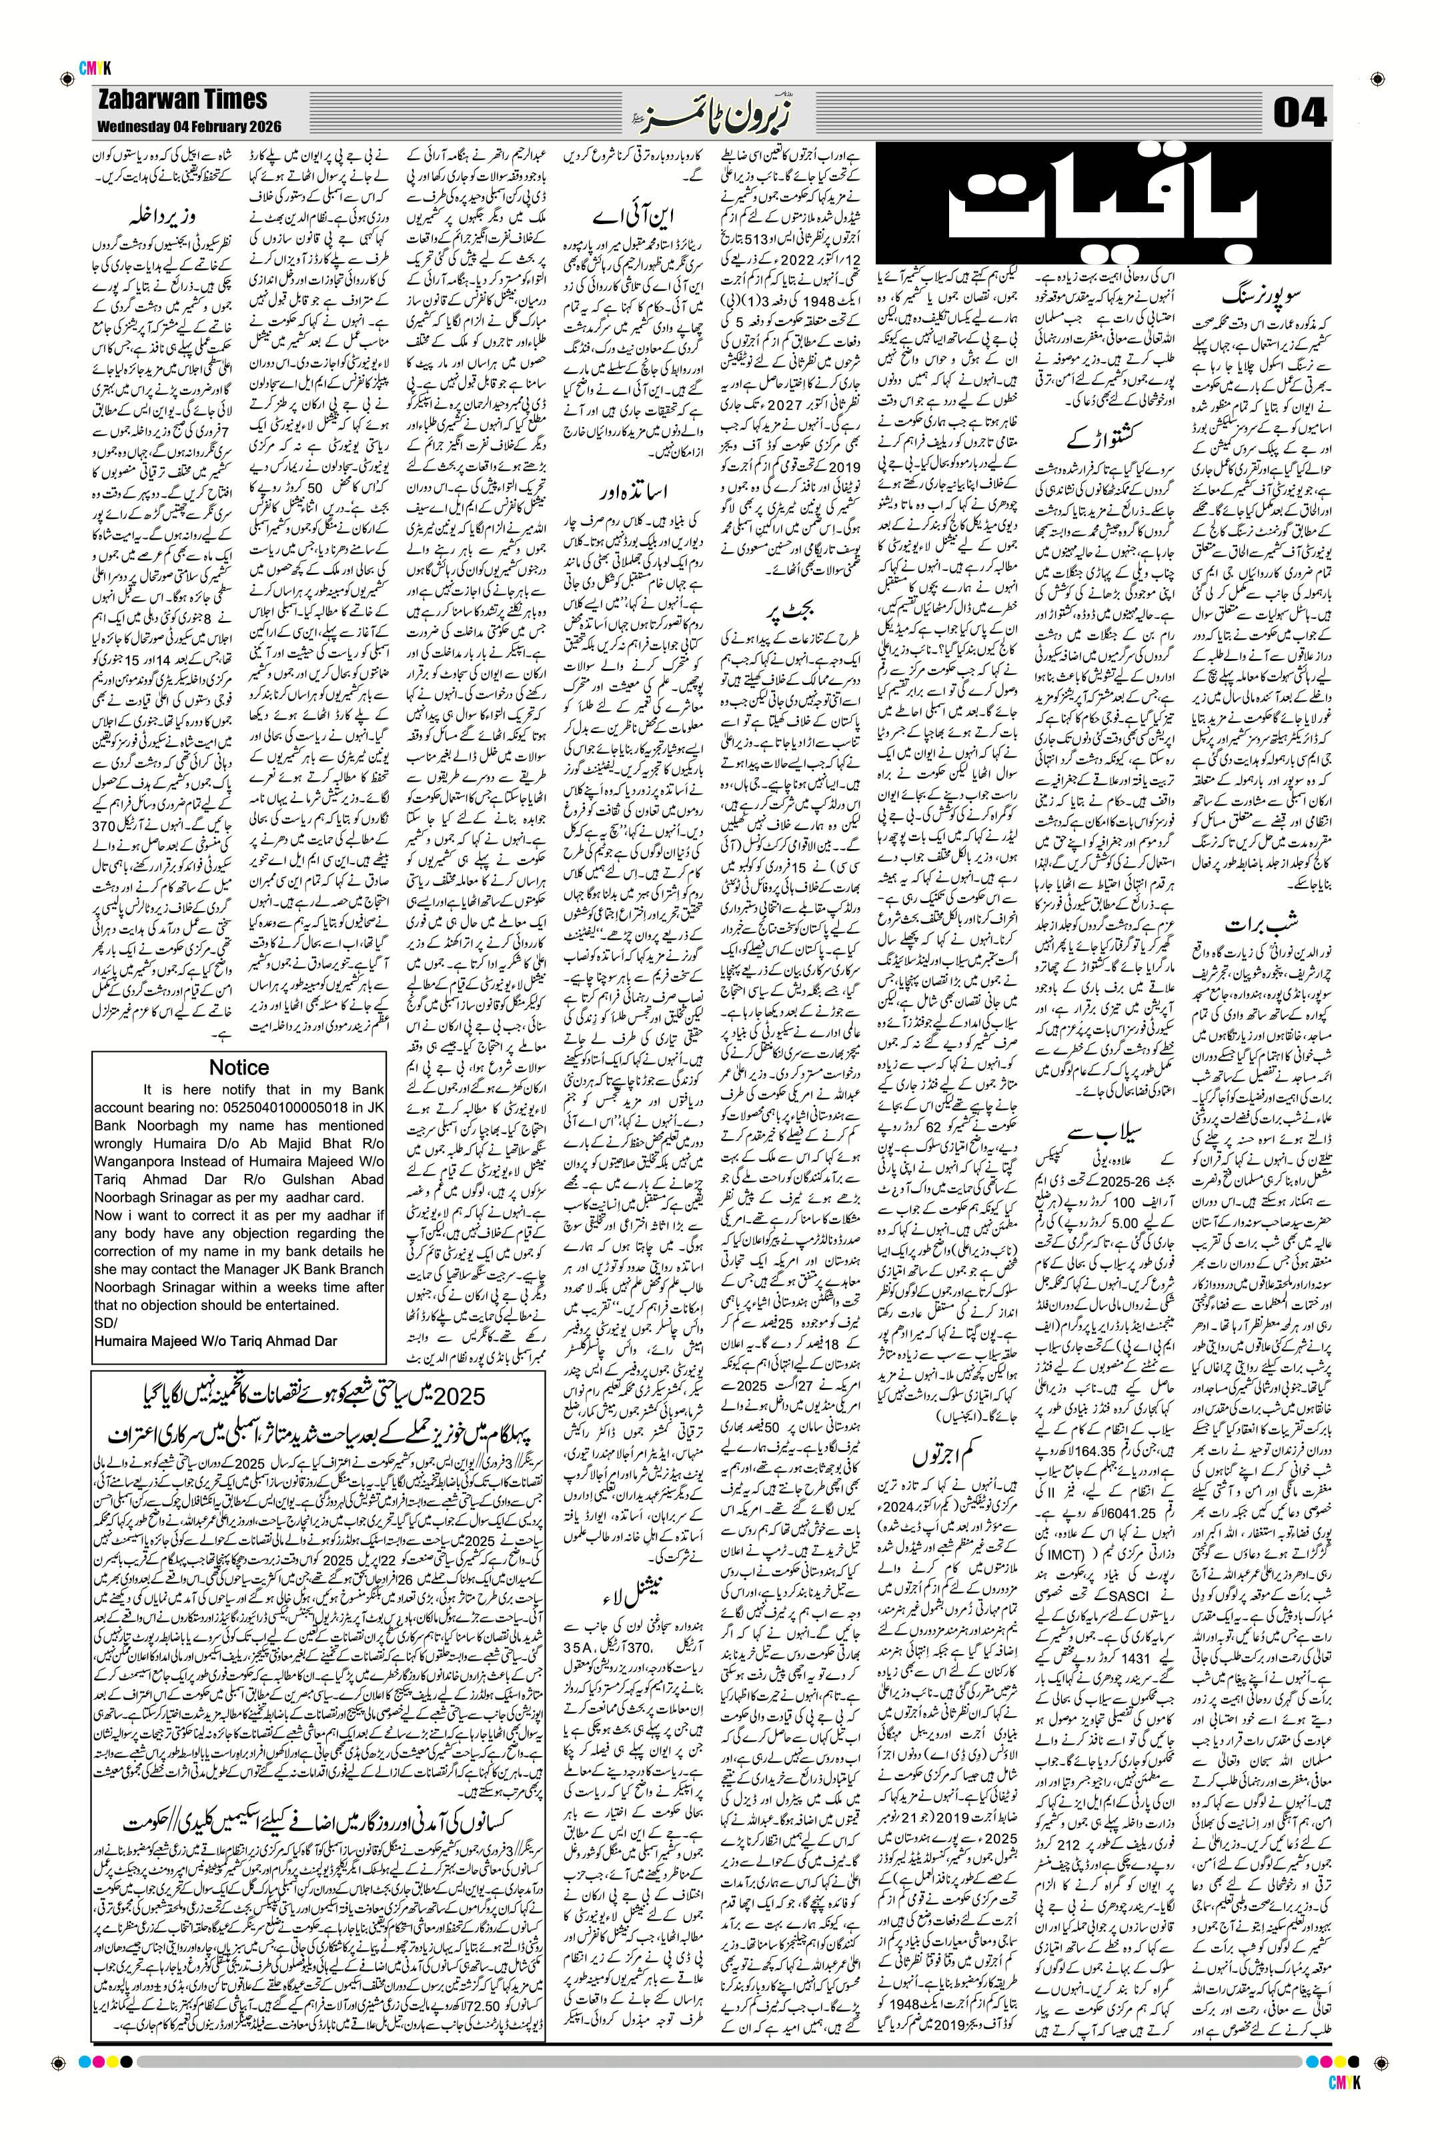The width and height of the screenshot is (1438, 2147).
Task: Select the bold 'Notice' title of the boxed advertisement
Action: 239,1068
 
